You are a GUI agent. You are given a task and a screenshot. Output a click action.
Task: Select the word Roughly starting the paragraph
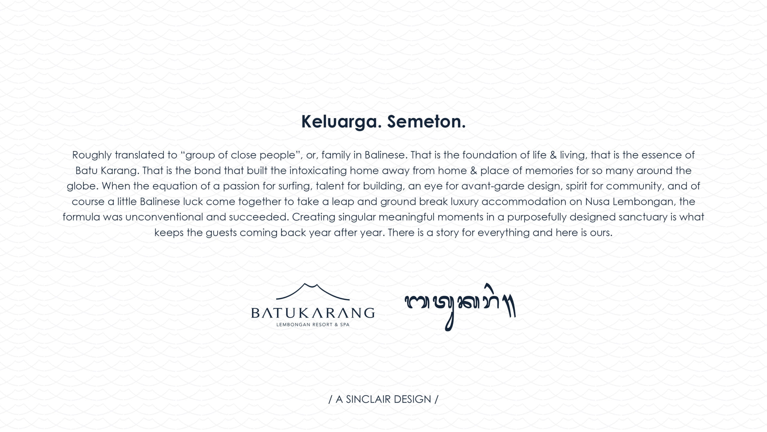point(92,155)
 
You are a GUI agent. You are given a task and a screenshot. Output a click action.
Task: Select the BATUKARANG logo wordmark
point(313,313)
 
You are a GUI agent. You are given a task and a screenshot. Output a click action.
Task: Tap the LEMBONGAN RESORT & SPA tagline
point(313,325)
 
